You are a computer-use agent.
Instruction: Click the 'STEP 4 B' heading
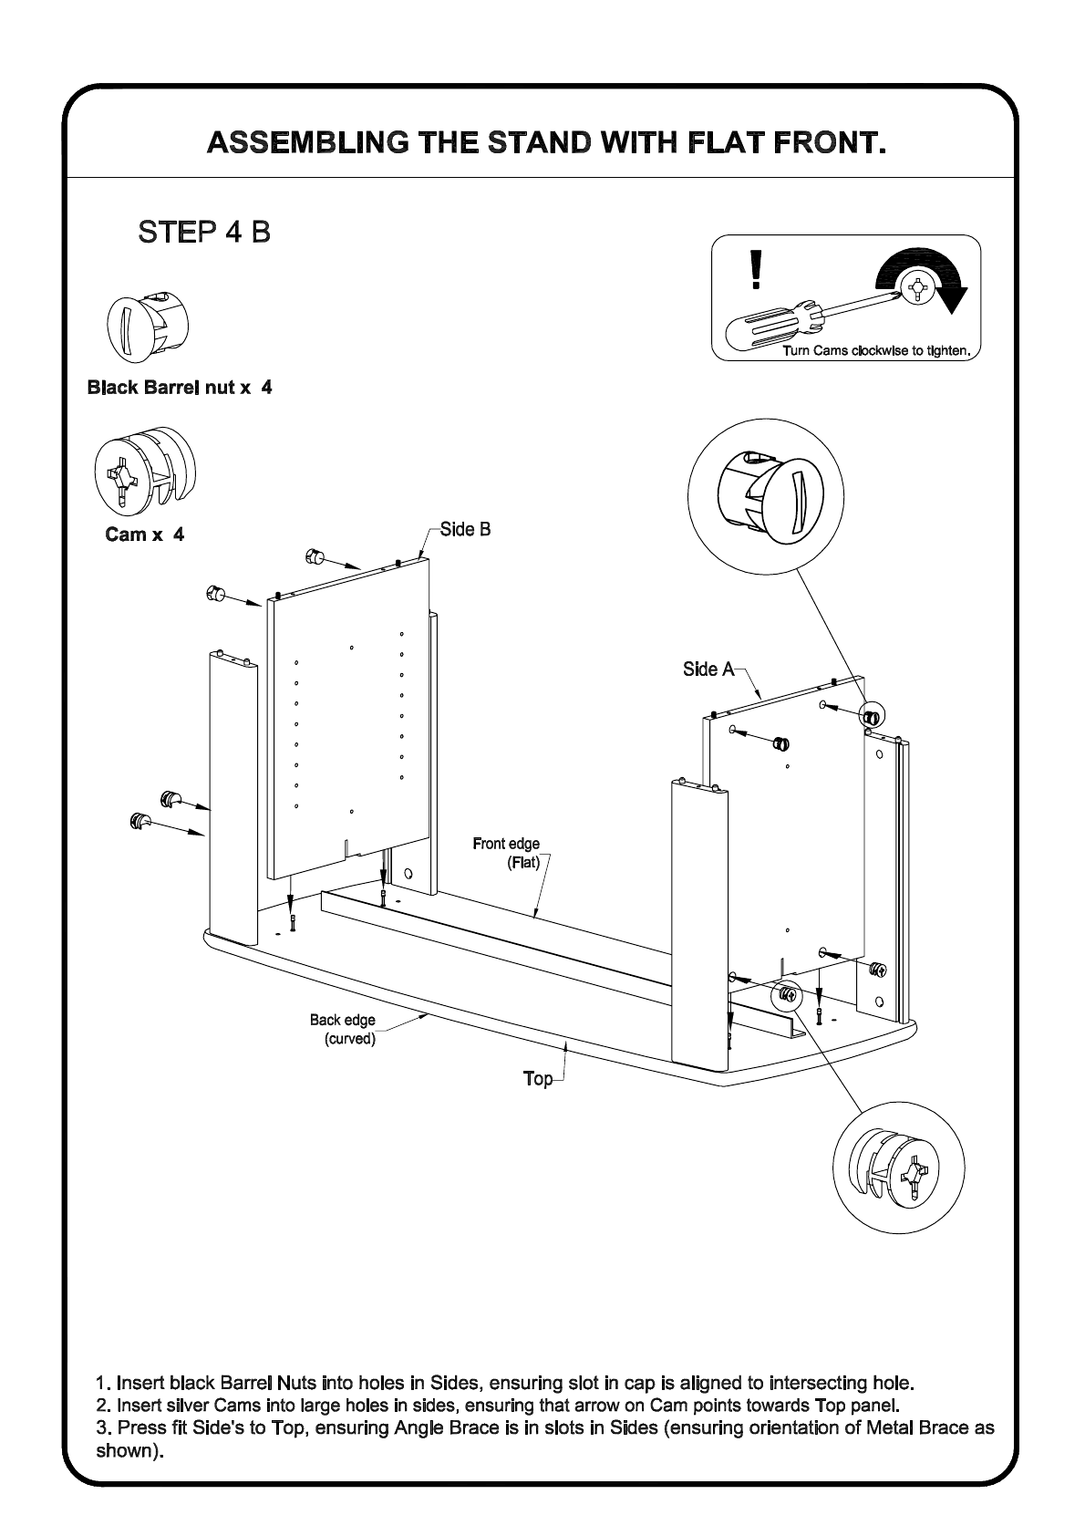pyautogui.click(x=204, y=232)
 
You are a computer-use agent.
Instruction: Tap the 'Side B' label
pyautogui.click(x=465, y=529)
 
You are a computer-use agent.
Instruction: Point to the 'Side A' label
pyautogui.click(x=708, y=669)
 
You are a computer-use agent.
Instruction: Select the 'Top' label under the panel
pyautogui.click(x=538, y=1078)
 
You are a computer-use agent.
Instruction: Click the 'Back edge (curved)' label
pyautogui.click(x=344, y=1029)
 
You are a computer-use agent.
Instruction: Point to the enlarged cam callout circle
pyautogui.click(x=899, y=1168)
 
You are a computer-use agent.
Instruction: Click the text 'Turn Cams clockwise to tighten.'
pyautogui.click(x=879, y=350)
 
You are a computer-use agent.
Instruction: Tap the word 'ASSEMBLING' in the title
pyautogui.click(x=306, y=144)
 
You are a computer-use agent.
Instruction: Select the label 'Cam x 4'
pyautogui.click(x=145, y=534)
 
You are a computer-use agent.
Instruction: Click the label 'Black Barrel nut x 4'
pyautogui.click(x=180, y=388)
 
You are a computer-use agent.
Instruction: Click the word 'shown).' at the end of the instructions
pyautogui.click(x=129, y=1449)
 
